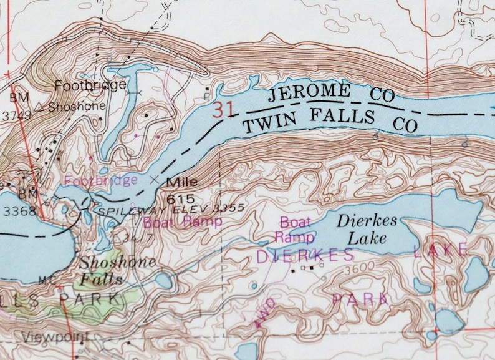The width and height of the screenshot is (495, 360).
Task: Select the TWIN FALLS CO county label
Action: coord(330,120)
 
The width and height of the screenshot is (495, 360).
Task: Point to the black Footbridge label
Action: coord(90,84)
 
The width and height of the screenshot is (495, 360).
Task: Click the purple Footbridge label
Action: coord(101,180)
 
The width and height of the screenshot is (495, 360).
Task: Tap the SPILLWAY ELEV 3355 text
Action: coord(171,209)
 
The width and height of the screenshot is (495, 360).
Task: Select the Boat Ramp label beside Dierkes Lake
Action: coord(294,229)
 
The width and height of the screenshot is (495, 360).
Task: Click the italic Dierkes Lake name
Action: coord(367,229)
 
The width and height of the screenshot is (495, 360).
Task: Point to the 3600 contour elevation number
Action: coord(355,266)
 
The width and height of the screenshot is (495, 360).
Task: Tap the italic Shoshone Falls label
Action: coord(117,270)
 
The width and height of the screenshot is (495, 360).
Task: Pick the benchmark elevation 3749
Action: coord(17,115)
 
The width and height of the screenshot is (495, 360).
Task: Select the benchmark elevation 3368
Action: coord(16,212)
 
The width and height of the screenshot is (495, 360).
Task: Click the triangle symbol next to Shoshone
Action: coord(39,106)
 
